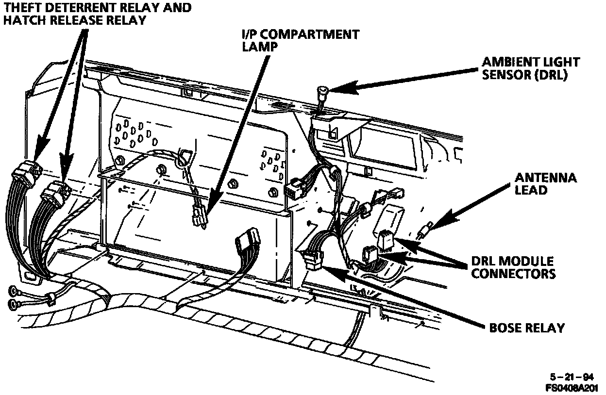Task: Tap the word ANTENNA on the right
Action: point(546,178)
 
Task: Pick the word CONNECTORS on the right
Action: point(514,274)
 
